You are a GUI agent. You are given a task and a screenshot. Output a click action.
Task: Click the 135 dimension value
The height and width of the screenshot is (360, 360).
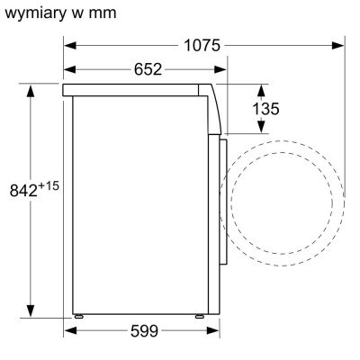[x=265, y=109]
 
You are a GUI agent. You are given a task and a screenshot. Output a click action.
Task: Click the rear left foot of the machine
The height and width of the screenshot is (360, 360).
[x=79, y=316]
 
